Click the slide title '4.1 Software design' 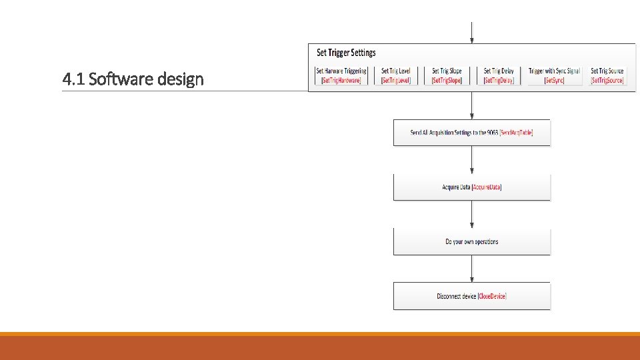[133, 80]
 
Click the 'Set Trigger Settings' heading [346, 53]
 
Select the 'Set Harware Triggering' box [341, 75]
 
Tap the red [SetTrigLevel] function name [396, 81]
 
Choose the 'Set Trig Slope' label [447, 71]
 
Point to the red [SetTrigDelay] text [499, 81]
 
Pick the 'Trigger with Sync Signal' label [554, 71]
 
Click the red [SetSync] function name [554, 81]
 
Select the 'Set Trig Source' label [607, 71]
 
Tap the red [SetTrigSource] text [607, 81]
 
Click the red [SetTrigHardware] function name [341, 81]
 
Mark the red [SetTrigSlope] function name [447, 81]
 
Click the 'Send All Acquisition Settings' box [471, 133]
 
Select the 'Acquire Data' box [471, 187]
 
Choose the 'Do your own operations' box [471, 241]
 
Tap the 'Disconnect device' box [471, 296]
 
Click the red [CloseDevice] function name [497, 296]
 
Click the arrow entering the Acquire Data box [472, 160]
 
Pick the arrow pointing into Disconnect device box [472, 269]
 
